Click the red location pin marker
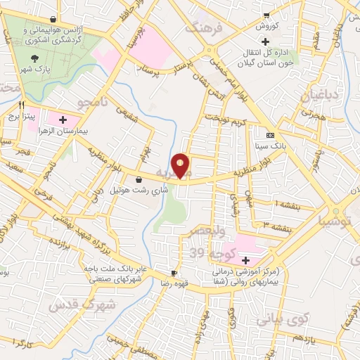pos(181,165)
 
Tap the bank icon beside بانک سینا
pos(270,134)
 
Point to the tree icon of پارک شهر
pos(35,59)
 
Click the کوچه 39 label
pos(201,252)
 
